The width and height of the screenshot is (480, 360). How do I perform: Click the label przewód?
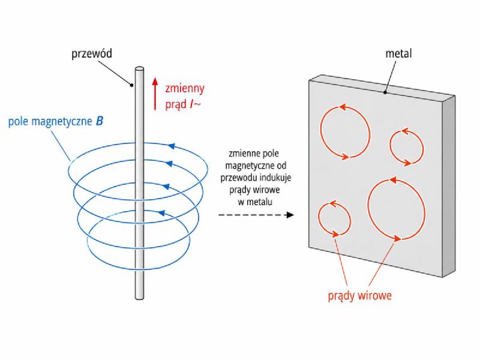pyautogui.click(x=92, y=53)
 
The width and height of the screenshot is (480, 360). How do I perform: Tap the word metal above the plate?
pyautogui.click(x=398, y=53)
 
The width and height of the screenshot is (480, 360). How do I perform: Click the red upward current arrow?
pyautogui.click(x=155, y=94)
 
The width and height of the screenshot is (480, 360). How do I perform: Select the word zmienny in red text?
pyautogui.click(x=185, y=89)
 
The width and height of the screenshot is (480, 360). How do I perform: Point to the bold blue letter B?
pyautogui.click(x=100, y=121)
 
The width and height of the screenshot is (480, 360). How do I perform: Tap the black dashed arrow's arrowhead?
pyautogui.click(x=290, y=215)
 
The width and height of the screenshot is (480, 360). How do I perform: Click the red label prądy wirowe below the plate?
pyautogui.click(x=359, y=296)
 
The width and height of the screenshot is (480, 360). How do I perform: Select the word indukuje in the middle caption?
pyautogui.click(x=277, y=178)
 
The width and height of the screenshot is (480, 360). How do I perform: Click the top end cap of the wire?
pyautogui.click(x=139, y=69)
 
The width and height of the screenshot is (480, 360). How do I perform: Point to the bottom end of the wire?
pyautogui.click(x=139, y=297)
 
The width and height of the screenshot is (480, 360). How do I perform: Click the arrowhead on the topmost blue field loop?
pyautogui.click(x=172, y=146)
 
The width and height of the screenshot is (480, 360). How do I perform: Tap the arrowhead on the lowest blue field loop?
pyautogui.click(x=161, y=213)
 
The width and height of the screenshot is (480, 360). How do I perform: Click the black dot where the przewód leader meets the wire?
pyautogui.click(x=132, y=85)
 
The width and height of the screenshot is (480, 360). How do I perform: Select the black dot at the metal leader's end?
pyautogui.click(x=385, y=92)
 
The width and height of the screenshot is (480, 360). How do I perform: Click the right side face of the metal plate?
pyautogui.click(x=448, y=187)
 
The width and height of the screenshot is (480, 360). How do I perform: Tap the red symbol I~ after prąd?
pyautogui.click(x=196, y=104)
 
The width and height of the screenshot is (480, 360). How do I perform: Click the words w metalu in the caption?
pyautogui.click(x=254, y=202)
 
